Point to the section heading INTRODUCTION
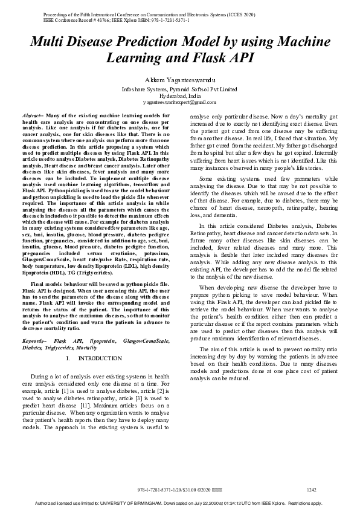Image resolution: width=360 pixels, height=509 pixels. tap(100, 358)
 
